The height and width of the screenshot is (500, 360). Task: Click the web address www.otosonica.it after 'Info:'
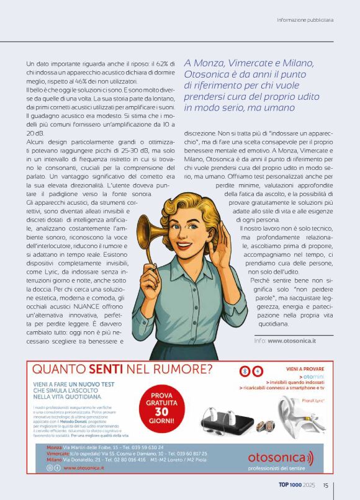pos(292,341)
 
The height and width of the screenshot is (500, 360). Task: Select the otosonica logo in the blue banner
pos(281,458)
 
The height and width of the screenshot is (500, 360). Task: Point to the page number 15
pos(325,486)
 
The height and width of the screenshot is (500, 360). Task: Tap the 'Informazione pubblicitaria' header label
pos(305,20)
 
